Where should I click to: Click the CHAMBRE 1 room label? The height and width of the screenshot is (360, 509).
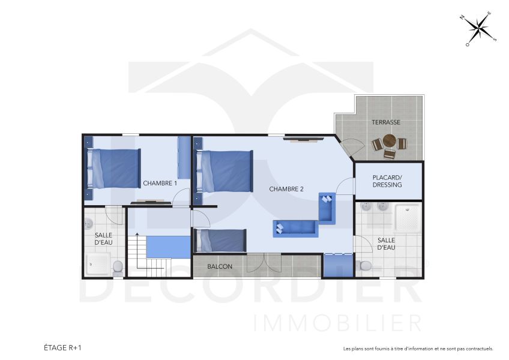tap(160, 183)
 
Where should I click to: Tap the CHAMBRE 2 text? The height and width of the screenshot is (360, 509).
tap(286, 189)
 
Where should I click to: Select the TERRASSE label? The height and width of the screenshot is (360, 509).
tap(386, 122)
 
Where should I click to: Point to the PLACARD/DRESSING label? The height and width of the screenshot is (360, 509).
tap(387, 181)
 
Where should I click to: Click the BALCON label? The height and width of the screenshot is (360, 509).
tap(220, 266)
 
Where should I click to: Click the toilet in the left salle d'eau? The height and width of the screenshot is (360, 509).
tap(118, 267)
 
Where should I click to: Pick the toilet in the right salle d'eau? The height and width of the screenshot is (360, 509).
tap(364, 266)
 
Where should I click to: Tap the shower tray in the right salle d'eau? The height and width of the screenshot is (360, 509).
tap(406, 214)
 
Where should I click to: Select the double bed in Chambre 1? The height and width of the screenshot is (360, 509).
tap(114, 167)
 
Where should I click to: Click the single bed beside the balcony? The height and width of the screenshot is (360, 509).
tap(220, 240)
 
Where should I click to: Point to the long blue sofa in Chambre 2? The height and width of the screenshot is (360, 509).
tap(295, 227)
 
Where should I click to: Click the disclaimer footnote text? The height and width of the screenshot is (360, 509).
tap(418, 348)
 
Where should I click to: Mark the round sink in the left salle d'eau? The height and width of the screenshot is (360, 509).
tap(88, 220)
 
